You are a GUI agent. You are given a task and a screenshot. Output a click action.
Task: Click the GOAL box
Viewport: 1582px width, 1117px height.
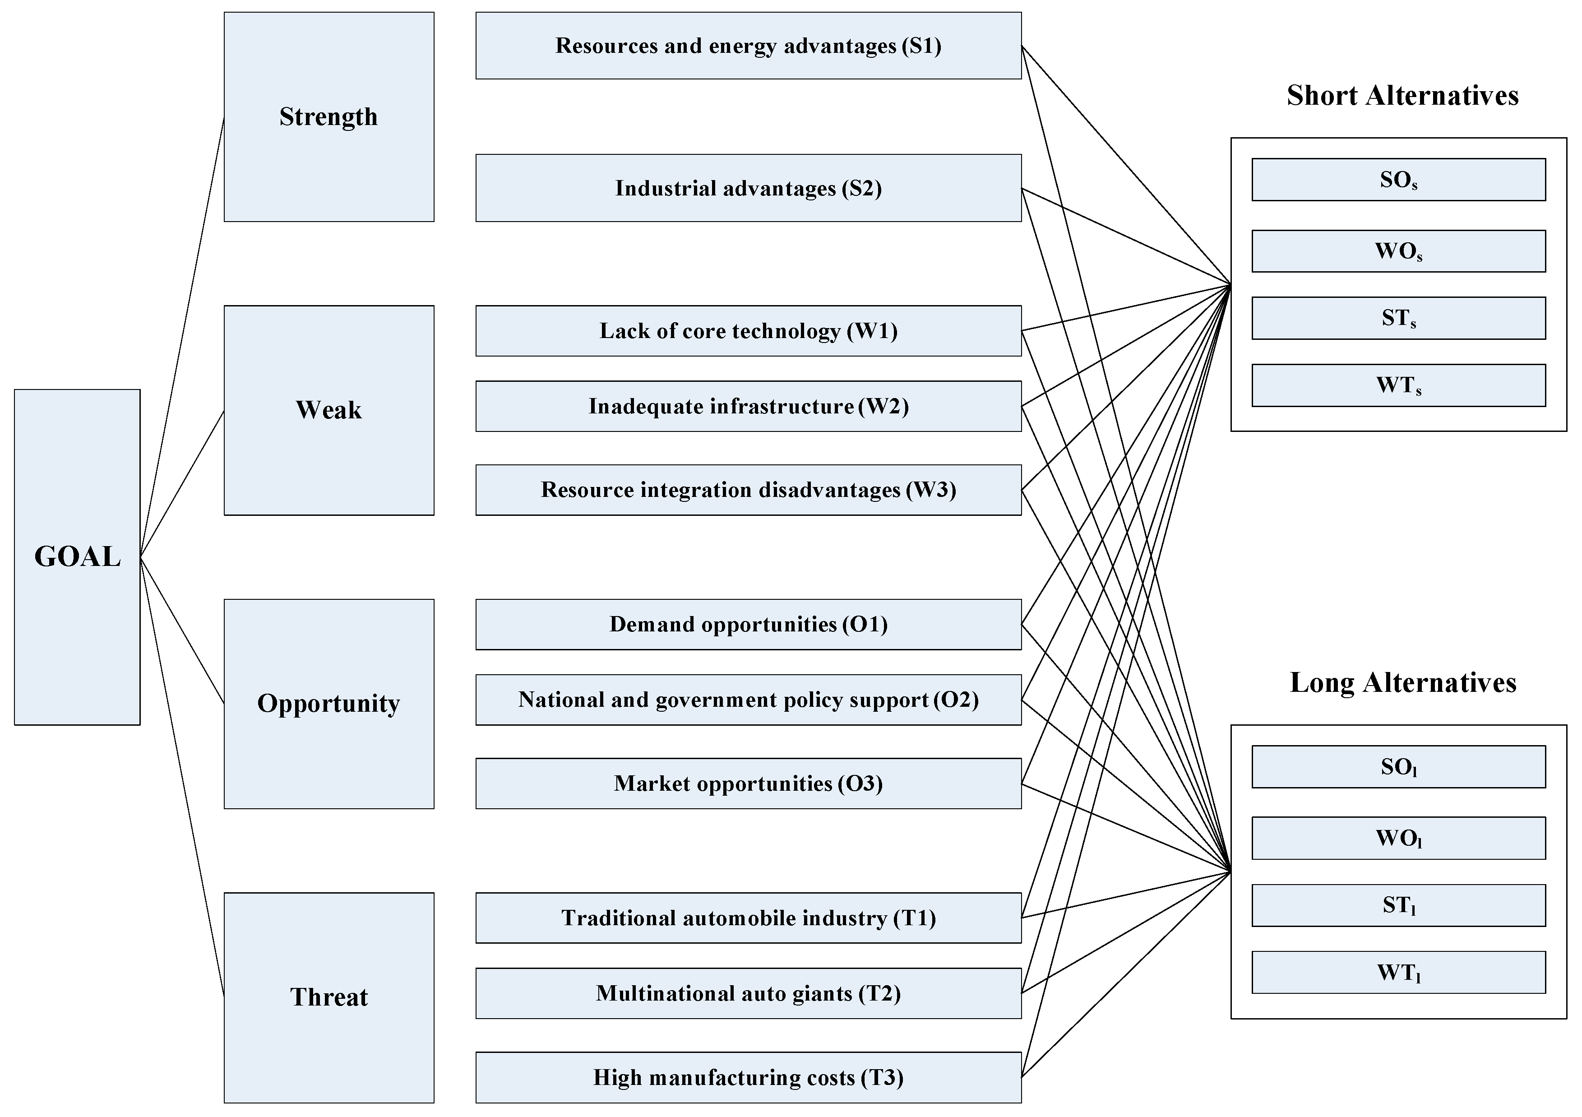click(x=77, y=557)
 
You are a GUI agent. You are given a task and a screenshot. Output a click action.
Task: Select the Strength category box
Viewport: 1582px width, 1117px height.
click(x=328, y=116)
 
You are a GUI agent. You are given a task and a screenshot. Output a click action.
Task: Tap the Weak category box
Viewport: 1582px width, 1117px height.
click(x=328, y=410)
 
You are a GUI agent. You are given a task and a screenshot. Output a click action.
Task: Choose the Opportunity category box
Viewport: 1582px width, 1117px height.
click(x=328, y=704)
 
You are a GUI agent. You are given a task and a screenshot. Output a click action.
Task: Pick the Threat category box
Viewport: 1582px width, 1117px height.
click(x=328, y=997)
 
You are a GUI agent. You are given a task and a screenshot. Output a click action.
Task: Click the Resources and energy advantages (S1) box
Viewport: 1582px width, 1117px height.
click(x=748, y=46)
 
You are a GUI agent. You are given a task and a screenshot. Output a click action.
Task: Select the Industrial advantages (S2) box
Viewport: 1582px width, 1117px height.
click(x=748, y=188)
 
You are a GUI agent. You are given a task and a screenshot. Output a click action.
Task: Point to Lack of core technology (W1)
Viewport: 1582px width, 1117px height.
click(x=748, y=331)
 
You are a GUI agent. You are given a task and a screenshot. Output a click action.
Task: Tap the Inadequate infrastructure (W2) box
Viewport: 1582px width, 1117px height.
click(x=748, y=407)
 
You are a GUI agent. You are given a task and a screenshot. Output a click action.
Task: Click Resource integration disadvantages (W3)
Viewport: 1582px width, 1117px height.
click(x=748, y=490)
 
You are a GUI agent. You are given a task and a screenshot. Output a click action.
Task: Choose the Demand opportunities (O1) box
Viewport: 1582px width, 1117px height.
click(x=748, y=624)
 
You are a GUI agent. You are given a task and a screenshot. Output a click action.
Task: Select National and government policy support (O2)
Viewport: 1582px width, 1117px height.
click(x=748, y=700)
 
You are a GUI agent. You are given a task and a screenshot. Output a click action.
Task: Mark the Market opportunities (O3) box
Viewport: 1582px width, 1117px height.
click(x=748, y=783)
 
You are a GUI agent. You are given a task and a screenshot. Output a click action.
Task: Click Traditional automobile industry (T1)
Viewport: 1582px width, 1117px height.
click(x=748, y=918)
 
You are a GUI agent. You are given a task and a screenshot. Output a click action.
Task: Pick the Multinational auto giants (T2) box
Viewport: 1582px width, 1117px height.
click(x=748, y=994)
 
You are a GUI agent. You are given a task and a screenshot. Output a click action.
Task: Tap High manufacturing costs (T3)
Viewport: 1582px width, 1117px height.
click(x=748, y=1077)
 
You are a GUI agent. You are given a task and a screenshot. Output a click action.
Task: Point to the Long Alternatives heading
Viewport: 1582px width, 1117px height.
click(x=1403, y=683)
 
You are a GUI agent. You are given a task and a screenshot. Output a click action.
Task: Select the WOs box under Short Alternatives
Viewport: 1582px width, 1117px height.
click(x=1399, y=251)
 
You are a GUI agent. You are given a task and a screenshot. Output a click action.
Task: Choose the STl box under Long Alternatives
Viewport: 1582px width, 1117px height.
click(x=1399, y=905)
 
